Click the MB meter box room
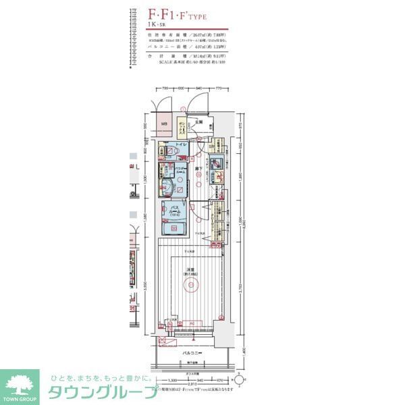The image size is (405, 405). [165, 125]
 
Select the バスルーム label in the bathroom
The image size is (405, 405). [173, 209]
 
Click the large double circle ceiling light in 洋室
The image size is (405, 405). [192, 284]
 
